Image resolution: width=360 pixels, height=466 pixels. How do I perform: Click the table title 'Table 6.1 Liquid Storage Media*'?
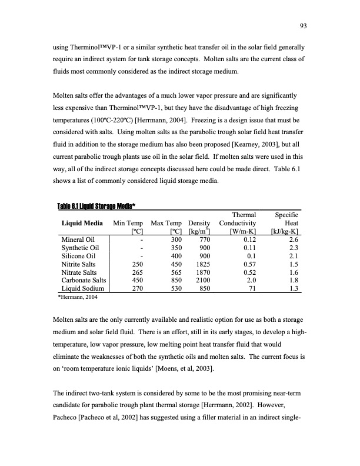(x=97, y=205)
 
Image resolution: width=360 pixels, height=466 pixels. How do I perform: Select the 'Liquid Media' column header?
(x=82, y=224)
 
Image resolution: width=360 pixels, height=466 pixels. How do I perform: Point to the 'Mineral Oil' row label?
(x=78, y=239)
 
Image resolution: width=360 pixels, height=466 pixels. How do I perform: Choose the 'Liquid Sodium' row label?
(x=82, y=289)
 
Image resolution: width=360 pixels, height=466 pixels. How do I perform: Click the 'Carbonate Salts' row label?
(x=85, y=281)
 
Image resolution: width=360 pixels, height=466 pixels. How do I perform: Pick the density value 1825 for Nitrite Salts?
(x=202, y=264)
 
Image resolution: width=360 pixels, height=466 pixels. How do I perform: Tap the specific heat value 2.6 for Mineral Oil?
(x=294, y=239)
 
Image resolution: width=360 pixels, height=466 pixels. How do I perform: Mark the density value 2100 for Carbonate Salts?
(x=202, y=281)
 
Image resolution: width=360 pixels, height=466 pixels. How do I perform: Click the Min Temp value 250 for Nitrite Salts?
(x=137, y=264)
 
